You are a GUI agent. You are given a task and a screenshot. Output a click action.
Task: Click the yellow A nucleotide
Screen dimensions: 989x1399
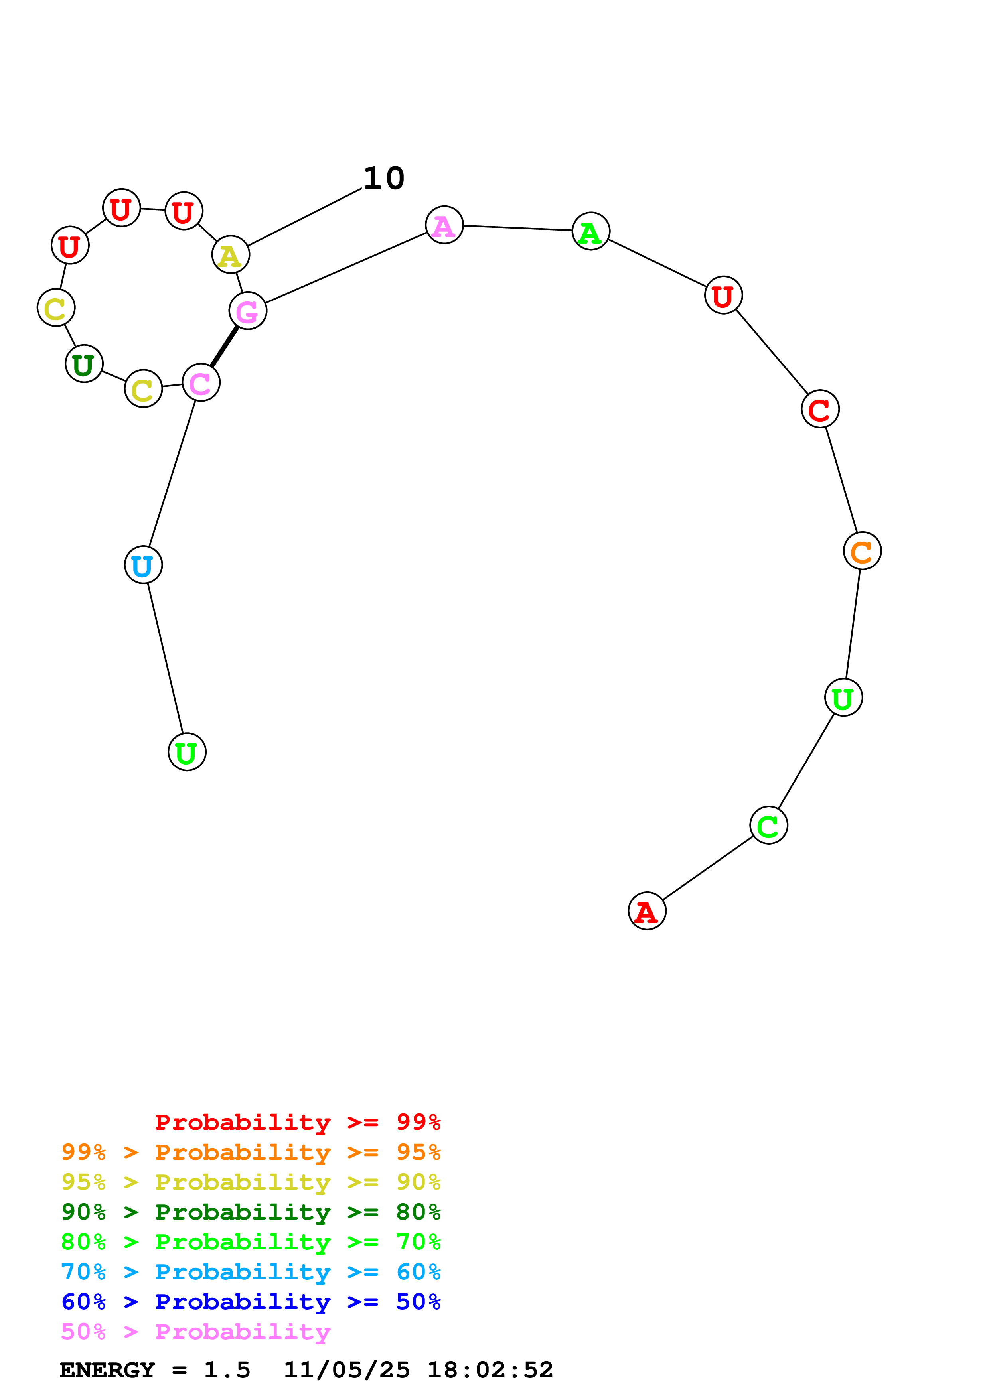[x=230, y=255]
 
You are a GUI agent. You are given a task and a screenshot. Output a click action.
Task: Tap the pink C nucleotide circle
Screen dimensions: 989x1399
[x=201, y=383]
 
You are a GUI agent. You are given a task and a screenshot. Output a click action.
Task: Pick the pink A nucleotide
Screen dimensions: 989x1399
[x=444, y=225]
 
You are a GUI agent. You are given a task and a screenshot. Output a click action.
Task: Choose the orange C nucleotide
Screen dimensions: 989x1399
[x=862, y=551]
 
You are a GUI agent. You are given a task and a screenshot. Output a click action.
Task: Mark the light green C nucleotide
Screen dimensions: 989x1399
[x=768, y=825]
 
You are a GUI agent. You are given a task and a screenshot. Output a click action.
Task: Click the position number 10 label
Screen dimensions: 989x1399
[x=384, y=179]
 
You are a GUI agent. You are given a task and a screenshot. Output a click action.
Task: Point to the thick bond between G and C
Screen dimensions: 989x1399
[x=224, y=347]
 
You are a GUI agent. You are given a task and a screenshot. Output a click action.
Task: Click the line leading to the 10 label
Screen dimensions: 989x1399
[x=305, y=217]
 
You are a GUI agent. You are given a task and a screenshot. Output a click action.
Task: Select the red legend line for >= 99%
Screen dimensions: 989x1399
[x=297, y=1122]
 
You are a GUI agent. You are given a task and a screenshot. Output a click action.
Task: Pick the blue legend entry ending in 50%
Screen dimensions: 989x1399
[x=251, y=1302]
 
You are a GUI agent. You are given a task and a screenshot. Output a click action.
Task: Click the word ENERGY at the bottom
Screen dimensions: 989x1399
[x=107, y=1370]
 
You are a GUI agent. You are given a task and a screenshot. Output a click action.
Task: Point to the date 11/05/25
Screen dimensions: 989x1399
[x=347, y=1370]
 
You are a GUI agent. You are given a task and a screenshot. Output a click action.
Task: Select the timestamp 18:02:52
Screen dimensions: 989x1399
[x=490, y=1370]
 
